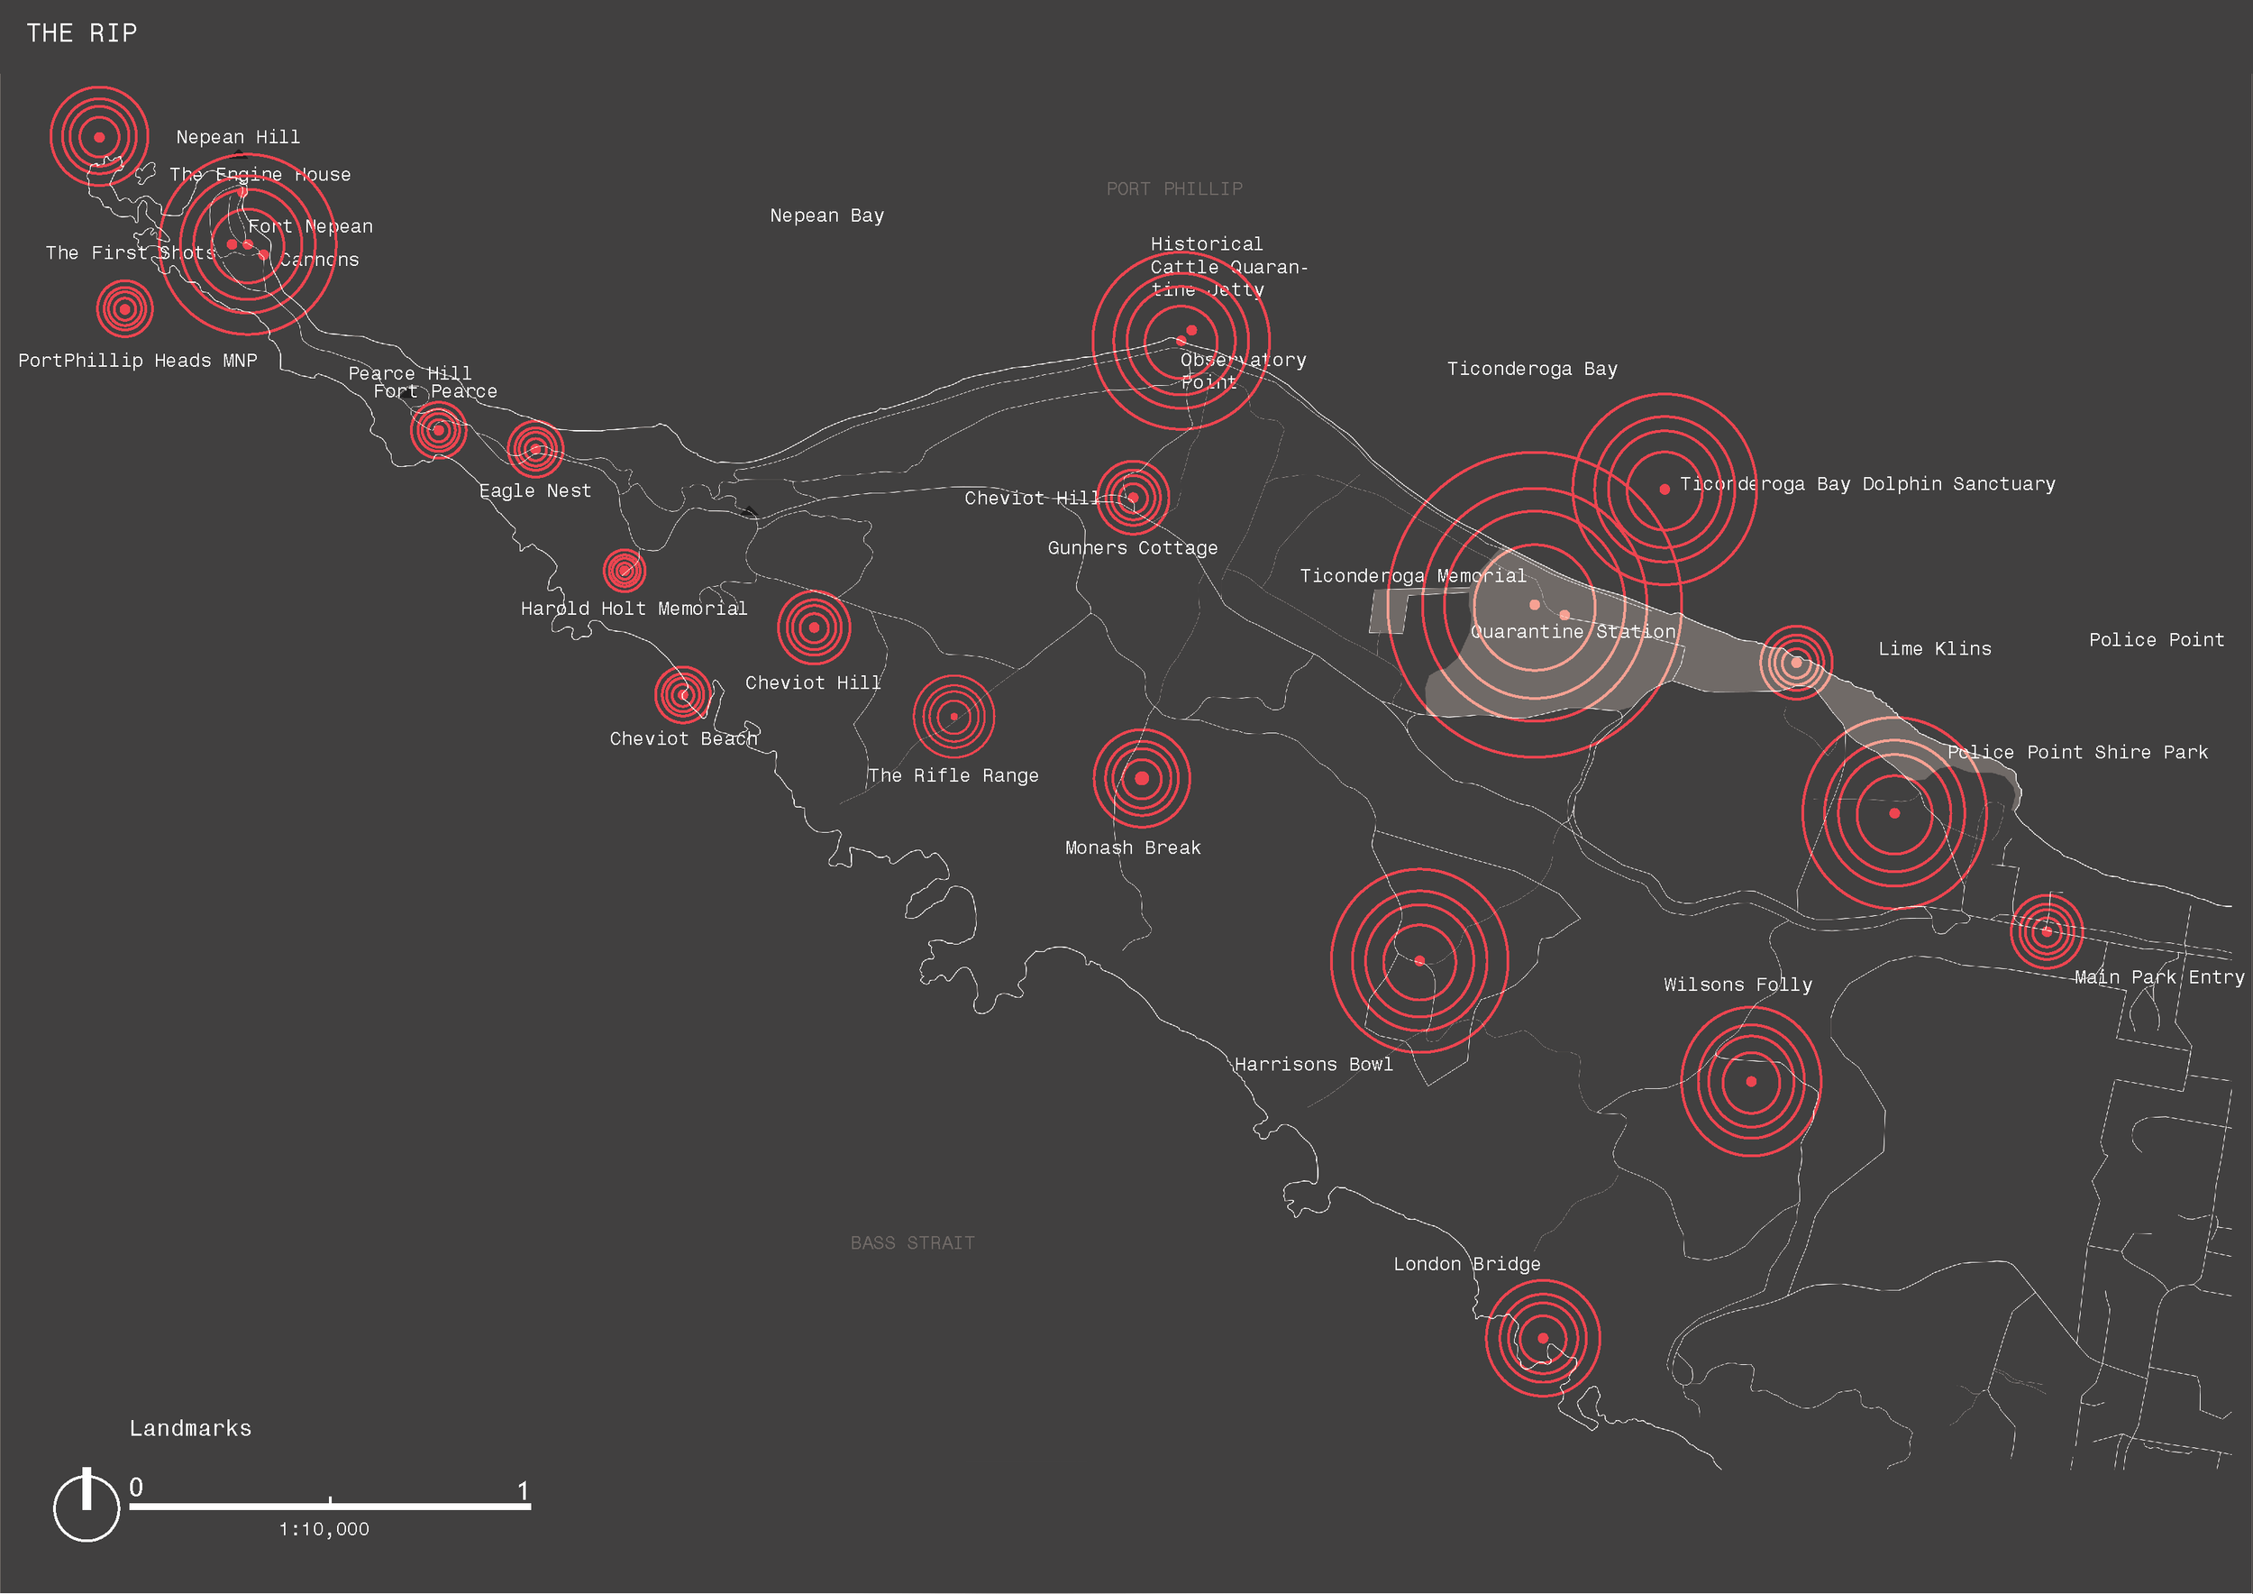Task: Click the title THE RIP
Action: (81, 33)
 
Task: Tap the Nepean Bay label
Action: (826, 215)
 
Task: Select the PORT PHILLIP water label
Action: (1173, 188)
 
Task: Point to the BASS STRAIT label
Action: (912, 1242)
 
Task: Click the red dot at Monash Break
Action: (1141, 778)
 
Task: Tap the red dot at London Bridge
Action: (1543, 1338)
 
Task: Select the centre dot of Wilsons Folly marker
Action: (1751, 1082)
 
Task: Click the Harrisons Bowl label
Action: (1313, 1064)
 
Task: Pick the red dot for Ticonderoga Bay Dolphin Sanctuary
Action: (1665, 489)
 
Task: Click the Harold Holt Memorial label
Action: (633, 609)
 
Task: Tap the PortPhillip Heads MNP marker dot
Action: (124, 309)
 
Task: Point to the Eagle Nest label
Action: (534, 490)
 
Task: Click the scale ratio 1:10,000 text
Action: (324, 1529)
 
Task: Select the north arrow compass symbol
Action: (87, 1505)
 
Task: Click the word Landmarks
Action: (190, 1428)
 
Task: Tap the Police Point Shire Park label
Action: (2077, 752)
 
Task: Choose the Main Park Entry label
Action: (2158, 976)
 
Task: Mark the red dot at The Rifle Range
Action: (953, 717)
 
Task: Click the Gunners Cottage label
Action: (1133, 547)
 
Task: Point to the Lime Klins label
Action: (1934, 649)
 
